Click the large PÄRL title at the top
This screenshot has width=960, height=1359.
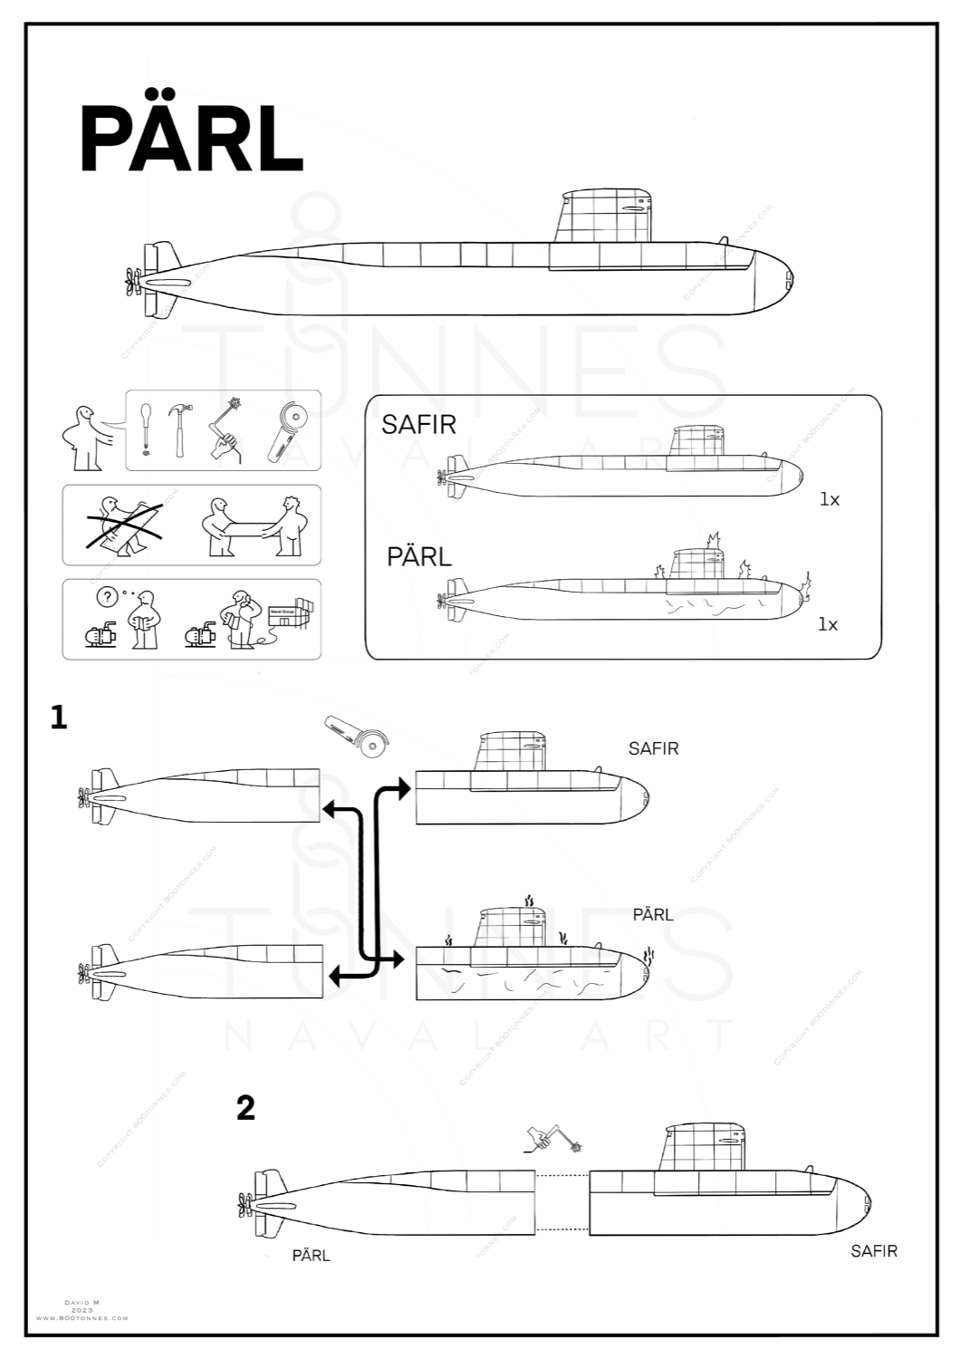click(191, 139)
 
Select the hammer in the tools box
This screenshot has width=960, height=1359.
click(181, 429)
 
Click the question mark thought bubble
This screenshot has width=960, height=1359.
click(106, 598)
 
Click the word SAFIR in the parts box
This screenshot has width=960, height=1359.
click(418, 424)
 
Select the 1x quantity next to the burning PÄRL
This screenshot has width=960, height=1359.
click(828, 624)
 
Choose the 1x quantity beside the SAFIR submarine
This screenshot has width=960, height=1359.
click(830, 499)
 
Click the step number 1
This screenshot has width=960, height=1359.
click(60, 718)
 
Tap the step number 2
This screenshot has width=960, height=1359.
click(245, 1107)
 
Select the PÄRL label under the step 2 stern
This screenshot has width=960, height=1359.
click(311, 1256)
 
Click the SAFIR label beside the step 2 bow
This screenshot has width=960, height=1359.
click(874, 1251)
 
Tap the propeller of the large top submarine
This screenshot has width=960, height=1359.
click(133, 282)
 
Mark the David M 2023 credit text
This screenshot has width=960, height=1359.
click(82, 1310)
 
